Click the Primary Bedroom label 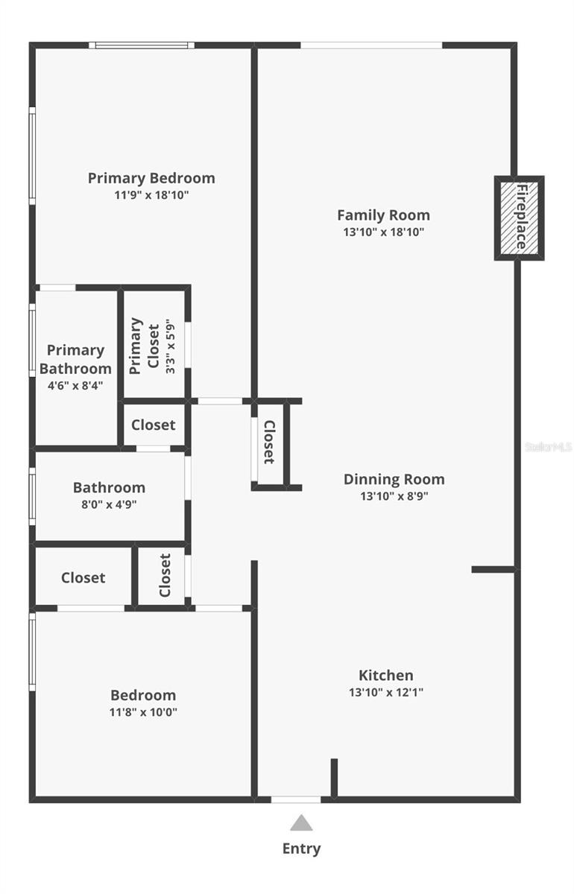151,178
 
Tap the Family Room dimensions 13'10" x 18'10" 383,232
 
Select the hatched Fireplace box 520,218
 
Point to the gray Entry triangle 301,822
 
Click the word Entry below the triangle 302,849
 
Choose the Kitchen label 386,675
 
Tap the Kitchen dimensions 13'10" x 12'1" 386,692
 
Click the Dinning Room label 394,479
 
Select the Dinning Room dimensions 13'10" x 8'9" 394,496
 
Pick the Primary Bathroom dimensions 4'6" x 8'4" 75,386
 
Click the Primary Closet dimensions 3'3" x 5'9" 171,346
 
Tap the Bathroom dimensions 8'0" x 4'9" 109,504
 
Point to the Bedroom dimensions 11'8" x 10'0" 143,712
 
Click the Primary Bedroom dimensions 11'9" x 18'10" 151,195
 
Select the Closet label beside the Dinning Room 269,442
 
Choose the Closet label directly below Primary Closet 154,425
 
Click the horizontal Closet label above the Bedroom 83,577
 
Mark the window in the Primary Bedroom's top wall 142,45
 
